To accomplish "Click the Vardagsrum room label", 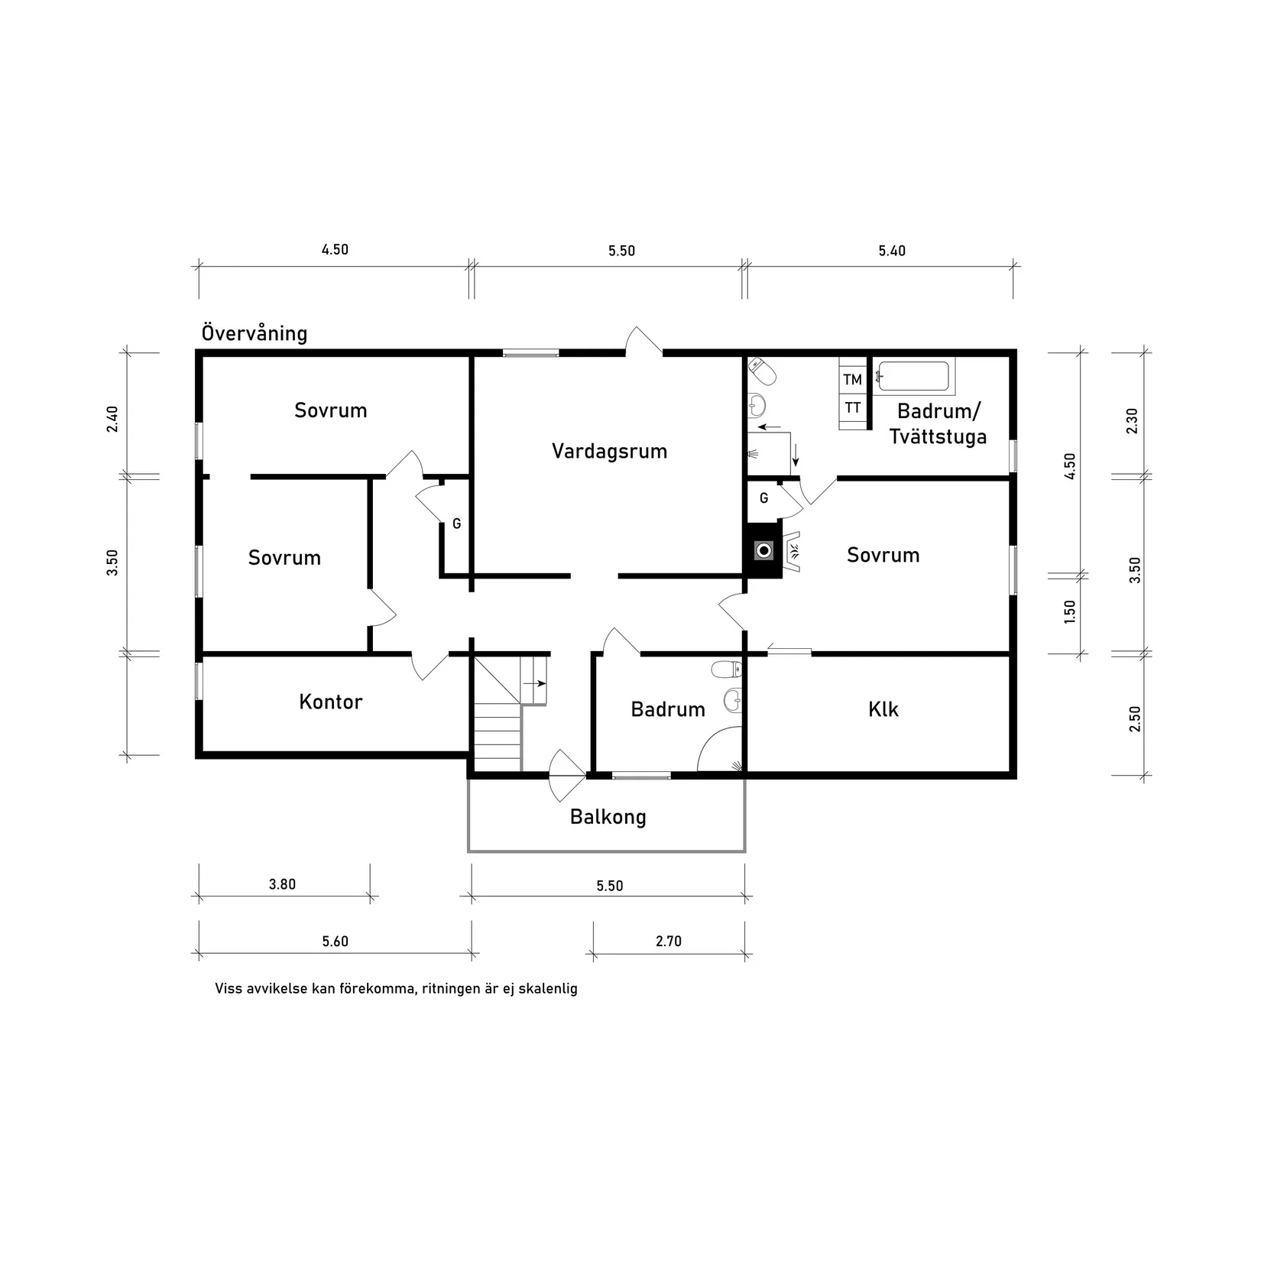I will [x=609, y=451].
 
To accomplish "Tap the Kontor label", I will [x=330, y=702].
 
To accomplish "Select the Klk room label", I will [x=883, y=709].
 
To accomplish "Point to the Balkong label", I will [x=608, y=817].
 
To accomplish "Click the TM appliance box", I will [x=852, y=380].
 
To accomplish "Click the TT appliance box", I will [x=852, y=408].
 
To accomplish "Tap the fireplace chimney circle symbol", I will [x=763, y=549].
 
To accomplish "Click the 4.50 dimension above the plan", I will [x=334, y=249].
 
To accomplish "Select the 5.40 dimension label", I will [x=891, y=251].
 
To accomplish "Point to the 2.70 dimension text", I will [x=668, y=941].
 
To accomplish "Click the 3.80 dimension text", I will [x=282, y=884].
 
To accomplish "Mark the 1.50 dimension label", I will [x=1069, y=611].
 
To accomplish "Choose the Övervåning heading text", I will [x=254, y=333].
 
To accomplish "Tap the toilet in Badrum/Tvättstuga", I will [x=763, y=371].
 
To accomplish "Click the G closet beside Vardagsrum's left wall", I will [x=456, y=524].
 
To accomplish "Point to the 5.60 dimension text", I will [x=335, y=941].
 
